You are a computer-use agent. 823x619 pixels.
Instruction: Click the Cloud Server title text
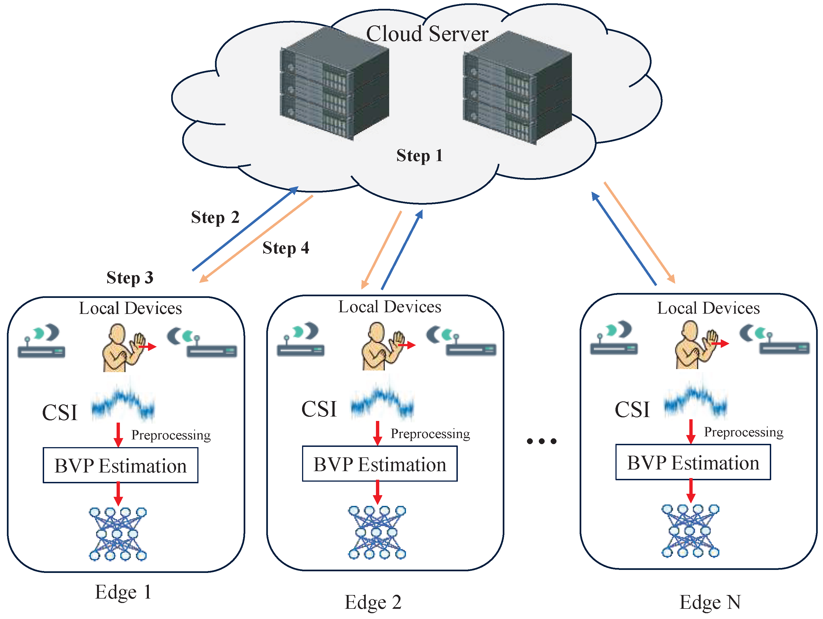click(427, 34)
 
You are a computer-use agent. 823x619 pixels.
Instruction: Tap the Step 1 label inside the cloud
click(419, 156)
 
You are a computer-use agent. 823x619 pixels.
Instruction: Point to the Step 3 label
click(130, 278)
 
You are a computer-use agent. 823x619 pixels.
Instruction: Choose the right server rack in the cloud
click(517, 87)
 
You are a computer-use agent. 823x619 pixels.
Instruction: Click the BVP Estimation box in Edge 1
click(120, 465)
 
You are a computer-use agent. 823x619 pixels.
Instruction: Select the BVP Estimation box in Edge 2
click(380, 464)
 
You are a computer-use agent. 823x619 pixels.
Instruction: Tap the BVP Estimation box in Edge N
click(693, 462)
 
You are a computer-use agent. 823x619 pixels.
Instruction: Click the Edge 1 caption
click(123, 592)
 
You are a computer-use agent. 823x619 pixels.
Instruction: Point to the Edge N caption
click(710, 602)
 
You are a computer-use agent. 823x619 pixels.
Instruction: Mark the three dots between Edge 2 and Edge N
click(542, 441)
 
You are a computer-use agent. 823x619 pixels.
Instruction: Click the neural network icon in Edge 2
click(377, 532)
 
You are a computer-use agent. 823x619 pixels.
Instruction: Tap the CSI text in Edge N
click(632, 409)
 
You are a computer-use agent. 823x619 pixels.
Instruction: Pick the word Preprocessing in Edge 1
click(171, 435)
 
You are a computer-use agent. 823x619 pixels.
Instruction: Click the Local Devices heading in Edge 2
click(389, 307)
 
